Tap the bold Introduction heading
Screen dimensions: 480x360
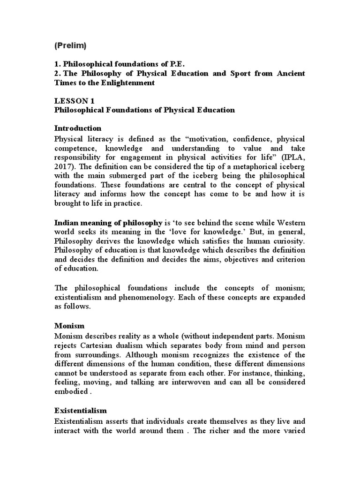(78, 128)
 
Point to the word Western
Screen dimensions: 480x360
(289, 222)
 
